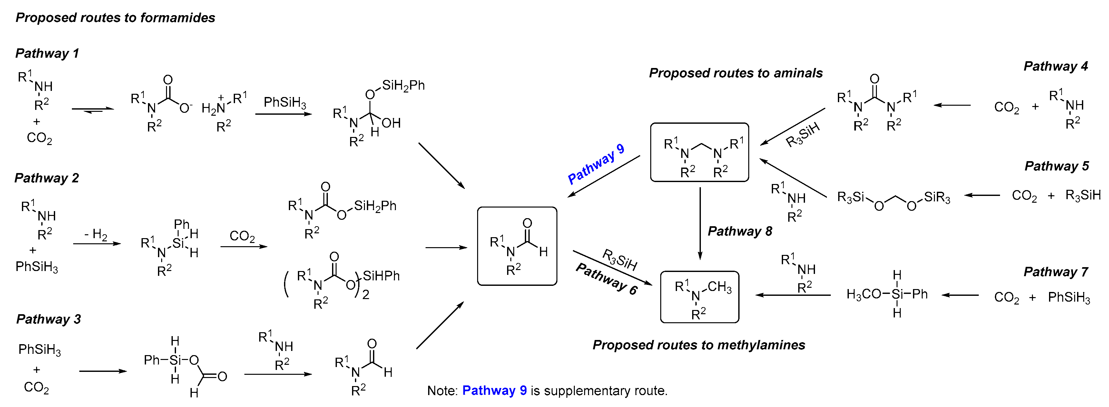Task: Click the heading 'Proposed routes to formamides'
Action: tap(115, 18)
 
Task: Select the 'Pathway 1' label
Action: tap(47, 53)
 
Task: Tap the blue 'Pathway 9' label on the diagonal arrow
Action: tap(596, 164)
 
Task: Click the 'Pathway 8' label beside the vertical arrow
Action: tap(740, 231)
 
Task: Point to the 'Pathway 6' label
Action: tap(606, 279)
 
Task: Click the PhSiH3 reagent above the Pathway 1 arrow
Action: tap(285, 102)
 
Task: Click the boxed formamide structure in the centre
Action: tap(517, 246)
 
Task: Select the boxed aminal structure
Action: tap(700, 152)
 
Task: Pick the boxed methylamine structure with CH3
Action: tap(700, 297)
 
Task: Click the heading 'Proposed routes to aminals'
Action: tap(735, 73)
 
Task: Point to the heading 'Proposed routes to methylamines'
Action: tap(698, 345)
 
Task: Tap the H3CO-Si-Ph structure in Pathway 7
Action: tap(887, 294)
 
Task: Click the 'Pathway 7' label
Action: tap(1055, 272)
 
